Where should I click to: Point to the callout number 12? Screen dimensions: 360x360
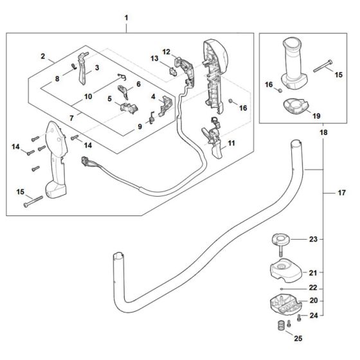pyautogui.click(x=166, y=51)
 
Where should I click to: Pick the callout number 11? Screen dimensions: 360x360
pyautogui.click(x=231, y=142)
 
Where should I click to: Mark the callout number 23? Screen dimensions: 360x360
pyautogui.click(x=313, y=239)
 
